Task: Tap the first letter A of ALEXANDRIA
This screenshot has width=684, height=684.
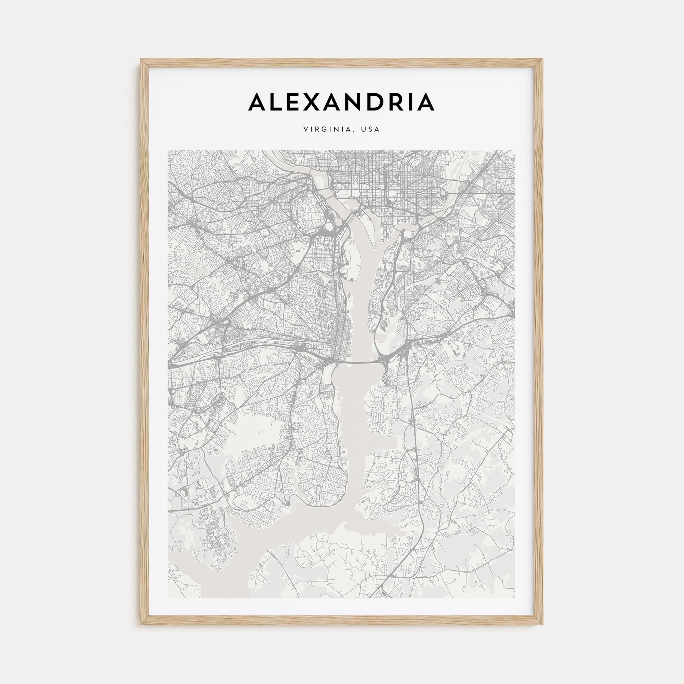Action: click(259, 102)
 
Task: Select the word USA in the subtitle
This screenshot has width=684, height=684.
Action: click(370, 130)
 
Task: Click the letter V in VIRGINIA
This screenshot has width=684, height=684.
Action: click(305, 130)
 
